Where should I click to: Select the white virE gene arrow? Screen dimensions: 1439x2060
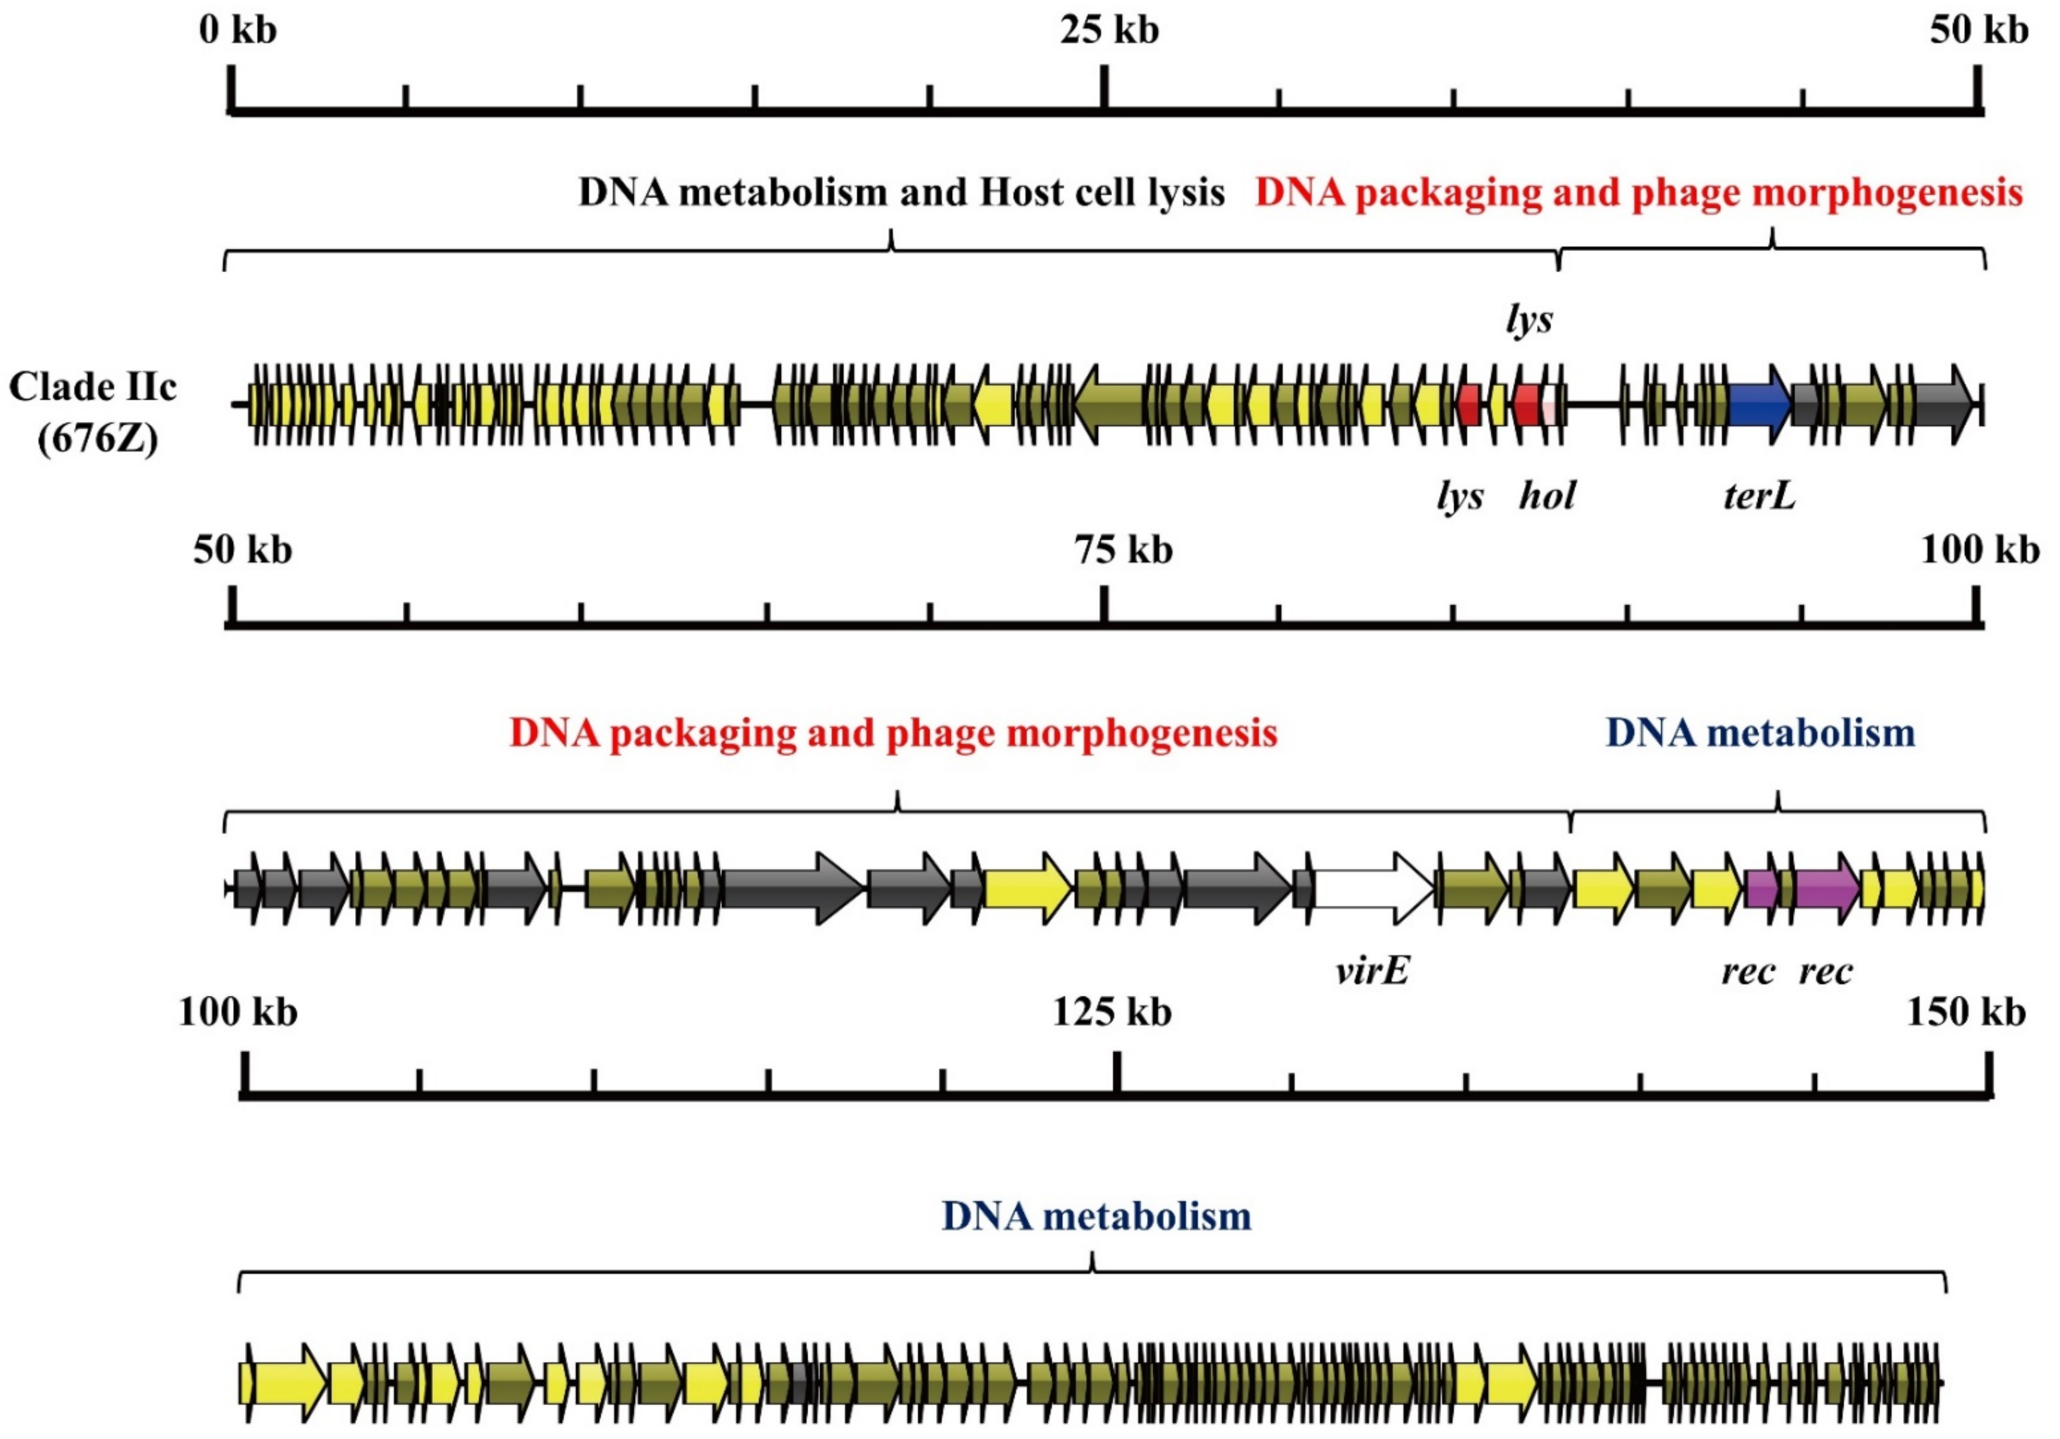coord(1373,888)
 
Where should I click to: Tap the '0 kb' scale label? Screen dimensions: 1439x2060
coord(238,30)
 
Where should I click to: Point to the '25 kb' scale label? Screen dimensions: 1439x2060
coord(1109,30)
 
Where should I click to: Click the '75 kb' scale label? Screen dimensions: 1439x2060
coord(1124,549)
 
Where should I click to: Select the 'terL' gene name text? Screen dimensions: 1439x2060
coord(1759,495)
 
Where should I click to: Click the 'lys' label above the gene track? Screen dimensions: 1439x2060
coord(1529,319)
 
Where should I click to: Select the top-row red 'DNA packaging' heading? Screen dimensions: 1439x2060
coord(1639,192)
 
